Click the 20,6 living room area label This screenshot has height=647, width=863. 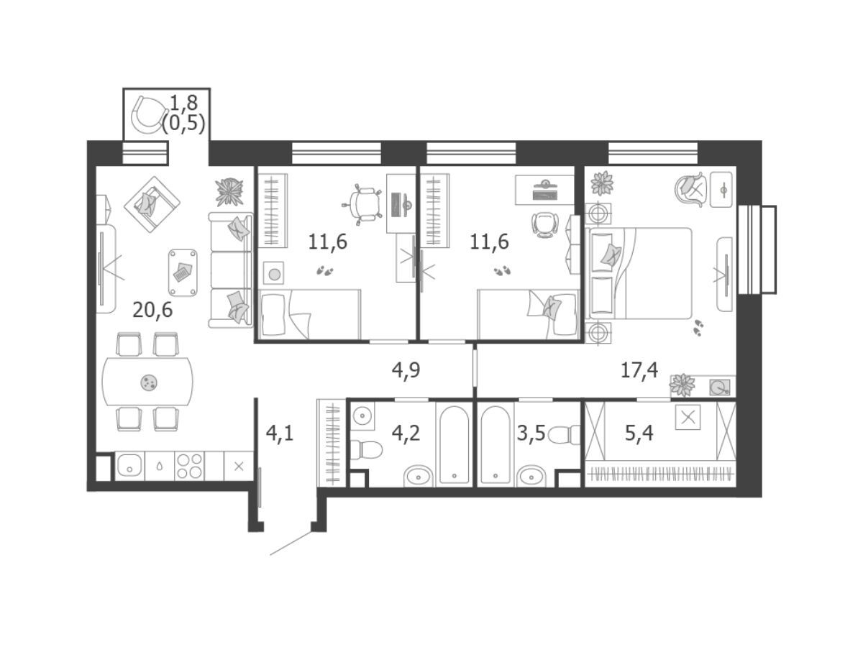click(x=152, y=311)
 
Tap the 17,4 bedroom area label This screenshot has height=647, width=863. click(x=639, y=370)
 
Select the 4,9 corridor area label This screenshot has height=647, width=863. click(x=406, y=370)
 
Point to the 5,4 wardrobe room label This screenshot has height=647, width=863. click(x=639, y=433)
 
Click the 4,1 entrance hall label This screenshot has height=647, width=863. click(x=280, y=433)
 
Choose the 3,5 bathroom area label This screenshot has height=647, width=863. click(x=531, y=433)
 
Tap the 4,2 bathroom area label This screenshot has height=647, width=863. click(x=406, y=433)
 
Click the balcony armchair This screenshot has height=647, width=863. click(x=148, y=115)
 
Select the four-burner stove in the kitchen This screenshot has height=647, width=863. click(x=190, y=466)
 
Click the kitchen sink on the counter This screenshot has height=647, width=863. click(x=129, y=466)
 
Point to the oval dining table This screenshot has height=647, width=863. click(x=147, y=382)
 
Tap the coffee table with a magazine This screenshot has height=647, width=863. click(x=183, y=272)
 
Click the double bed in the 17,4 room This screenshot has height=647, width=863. click(x=639, y=273)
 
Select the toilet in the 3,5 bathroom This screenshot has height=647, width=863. click(x=563, y=435)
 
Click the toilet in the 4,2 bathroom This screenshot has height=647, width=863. click(x=365, y=450)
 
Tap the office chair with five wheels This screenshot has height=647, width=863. click(x=362, y=204)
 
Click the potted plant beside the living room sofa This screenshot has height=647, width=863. click(x=229, y=192)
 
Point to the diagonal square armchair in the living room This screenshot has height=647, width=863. click(x=152, y=204)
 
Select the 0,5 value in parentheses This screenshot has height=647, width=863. click(x=183, y=124)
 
